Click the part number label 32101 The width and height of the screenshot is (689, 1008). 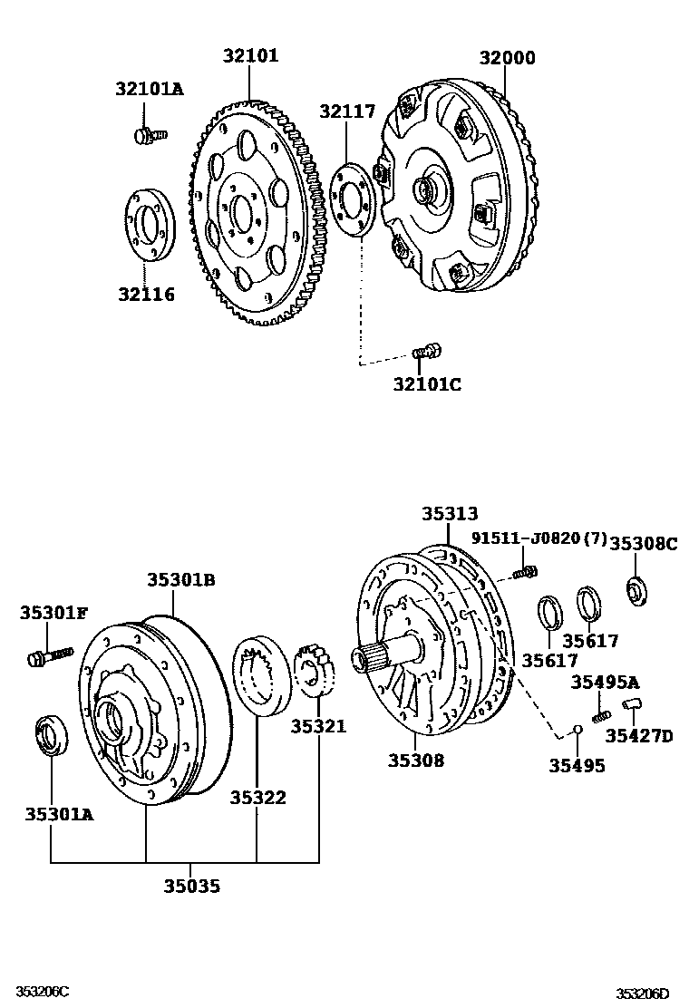(251, 56)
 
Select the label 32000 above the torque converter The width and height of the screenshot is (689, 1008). (508, 59)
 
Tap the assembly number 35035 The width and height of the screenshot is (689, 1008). (191, 887)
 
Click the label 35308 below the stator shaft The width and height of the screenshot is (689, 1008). (416, 761)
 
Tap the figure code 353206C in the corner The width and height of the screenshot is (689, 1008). (35, 993)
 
